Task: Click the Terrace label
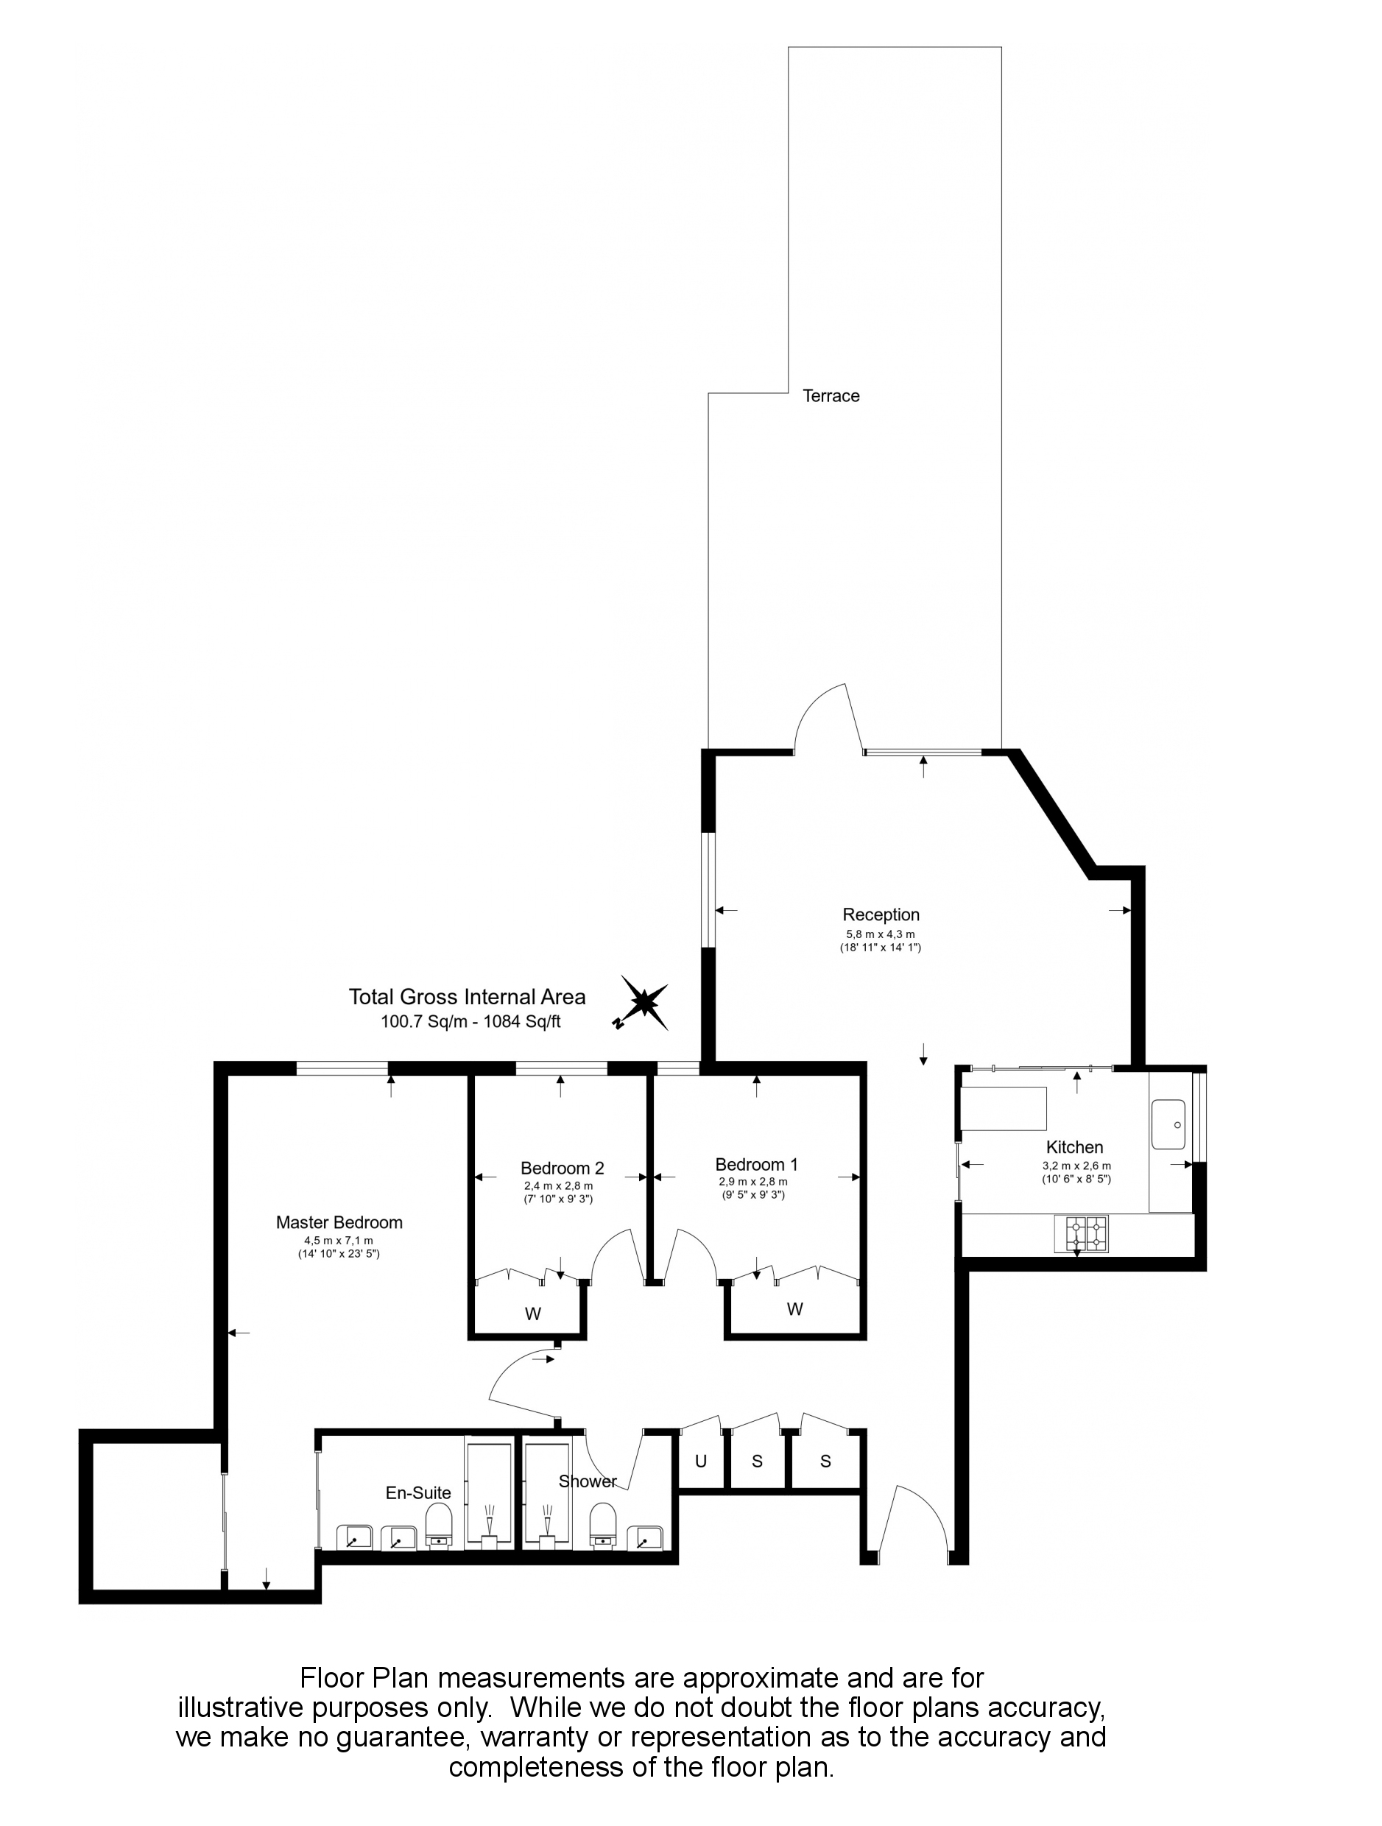pyautogui.click(x=831, y=396)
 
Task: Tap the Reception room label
pyautogui.click(x=881, y=914)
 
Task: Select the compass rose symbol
pyautogui.click(x=641, y=1003)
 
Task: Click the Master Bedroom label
pyautogui.click(x=339, y=1222)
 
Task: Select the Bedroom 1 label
pyautogui.click(x=756, y=1165)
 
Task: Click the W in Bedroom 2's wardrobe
pyautogui.click(x=533, y=1314)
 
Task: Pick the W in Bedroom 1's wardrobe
pyautogui.click(x=795, y=1308)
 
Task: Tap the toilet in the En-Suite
pyautogui.click(x=440, y=1525)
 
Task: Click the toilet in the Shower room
pyautogui.click(x=605, y=1525)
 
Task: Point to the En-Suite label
pyautogui.click(x=418, y=1492)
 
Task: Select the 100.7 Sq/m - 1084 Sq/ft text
pyautogui.click(x=470, y=1022)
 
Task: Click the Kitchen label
pyautogui.click(x=1075, y=1146)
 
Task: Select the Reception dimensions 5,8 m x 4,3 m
pyautogui.click(x=881, y=934)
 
